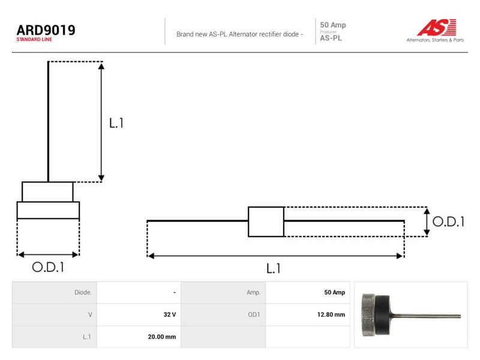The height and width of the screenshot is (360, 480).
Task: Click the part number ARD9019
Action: [x=46, y=30]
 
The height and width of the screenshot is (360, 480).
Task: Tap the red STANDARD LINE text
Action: [x=34, y=40]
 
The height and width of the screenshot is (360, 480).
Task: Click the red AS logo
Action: [x=437, y=27]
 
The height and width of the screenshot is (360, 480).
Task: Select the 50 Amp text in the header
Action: [x=333, y=25]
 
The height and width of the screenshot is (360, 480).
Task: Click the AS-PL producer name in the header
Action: [x=331, y=38]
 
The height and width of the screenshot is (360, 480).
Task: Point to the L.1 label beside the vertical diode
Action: [x=116, y=123]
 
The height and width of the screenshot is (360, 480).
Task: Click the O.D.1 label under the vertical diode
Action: [x=48, y=267]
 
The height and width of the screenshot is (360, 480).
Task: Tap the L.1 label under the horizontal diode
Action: [x=274, y=268]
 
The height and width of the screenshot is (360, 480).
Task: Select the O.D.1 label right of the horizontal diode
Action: [x=448, y=221]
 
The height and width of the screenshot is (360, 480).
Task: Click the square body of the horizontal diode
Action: [x=266, y=221]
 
